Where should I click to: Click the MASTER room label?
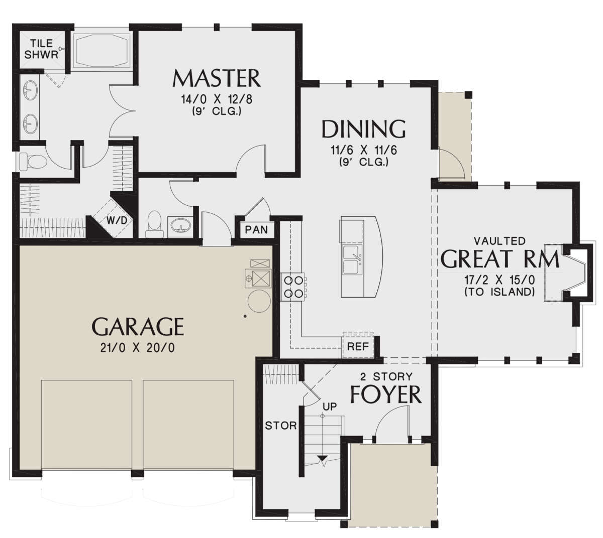217,78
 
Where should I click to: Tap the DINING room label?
363,129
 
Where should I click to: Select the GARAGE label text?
138,326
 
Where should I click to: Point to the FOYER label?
386,395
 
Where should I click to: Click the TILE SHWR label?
41,49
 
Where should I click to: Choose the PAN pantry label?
256,230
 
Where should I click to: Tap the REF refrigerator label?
358,346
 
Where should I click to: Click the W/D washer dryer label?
117,220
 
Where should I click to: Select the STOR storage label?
281,426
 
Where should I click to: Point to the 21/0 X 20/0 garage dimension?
138,347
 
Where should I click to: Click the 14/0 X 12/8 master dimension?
217,99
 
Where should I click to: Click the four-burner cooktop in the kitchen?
293,287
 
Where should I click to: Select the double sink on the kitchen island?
353,259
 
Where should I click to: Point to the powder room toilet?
154,224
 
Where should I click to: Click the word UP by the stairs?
330,407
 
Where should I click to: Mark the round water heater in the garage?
259,301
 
